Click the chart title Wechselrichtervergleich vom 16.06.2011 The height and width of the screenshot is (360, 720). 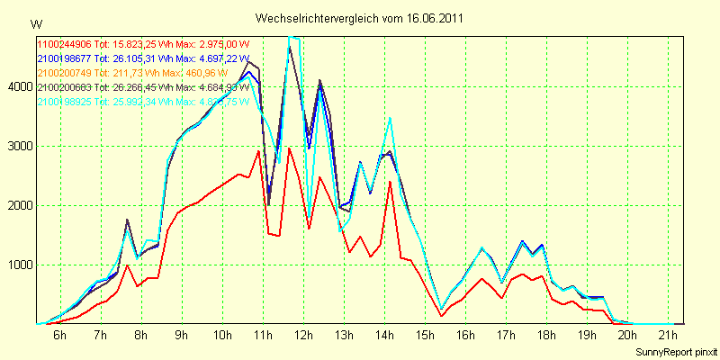[x=360, y=18]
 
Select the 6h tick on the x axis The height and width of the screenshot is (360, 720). [x=59, y=336]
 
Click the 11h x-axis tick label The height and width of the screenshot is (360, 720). [x=262, y=336]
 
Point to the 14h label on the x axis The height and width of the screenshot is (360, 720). [x=384, y=336]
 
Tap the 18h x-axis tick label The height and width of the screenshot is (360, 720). [x=546, y=336]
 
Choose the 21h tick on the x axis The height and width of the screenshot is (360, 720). [x=668, y=336]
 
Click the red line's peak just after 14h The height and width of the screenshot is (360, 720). [x=390, y=182]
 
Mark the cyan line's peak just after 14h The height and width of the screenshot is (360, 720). [x=390, y=118]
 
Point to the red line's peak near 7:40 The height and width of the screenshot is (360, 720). [x=128, y=265]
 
